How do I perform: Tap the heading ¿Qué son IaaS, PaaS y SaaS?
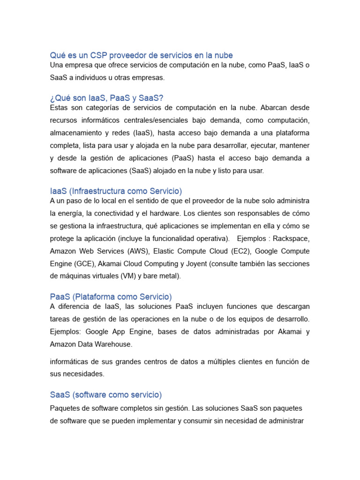106,98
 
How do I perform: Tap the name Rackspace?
291,239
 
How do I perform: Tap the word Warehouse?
115,344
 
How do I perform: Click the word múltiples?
223,362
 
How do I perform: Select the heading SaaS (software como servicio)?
105,395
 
